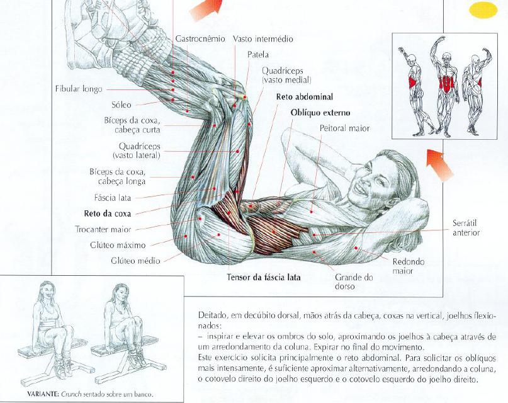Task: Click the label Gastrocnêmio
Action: click(x=200, y=39)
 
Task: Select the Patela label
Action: click(x=258, y=54)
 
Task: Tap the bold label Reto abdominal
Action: click(x=305, y=96)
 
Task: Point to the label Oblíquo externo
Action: click(x=320, y=113)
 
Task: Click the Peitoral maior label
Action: click(x=344, y=128)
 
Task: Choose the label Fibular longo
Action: click(x=79, y=89)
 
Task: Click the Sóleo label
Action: click(x=121, y=105)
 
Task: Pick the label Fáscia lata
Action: click(x=113, y=197)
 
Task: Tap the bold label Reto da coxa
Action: click(x=108, y=213)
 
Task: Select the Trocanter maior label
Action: click(x=103, y=229)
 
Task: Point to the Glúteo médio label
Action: click(x=135, y=261)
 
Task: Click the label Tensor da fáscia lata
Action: click(x=263, y=277)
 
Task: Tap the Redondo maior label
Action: click(x=408, y=266)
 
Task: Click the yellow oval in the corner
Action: click(x=483, y=9)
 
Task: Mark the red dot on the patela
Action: click(x=245, y=97)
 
